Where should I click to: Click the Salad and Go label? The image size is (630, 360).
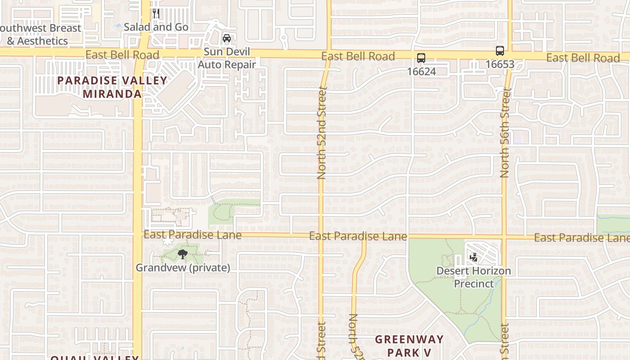[x=156, y=27]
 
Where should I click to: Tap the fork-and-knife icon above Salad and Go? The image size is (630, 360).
[x=156, y=13]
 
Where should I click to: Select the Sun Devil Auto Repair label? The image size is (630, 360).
[x=227, y=58]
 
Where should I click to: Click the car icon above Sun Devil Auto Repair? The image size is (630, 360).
[x=227, y=38]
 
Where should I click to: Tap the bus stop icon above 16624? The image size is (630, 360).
[x=421, y=58]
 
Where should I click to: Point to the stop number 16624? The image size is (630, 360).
[x=421, y=72]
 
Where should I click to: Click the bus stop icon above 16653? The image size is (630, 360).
[x=499, y=51]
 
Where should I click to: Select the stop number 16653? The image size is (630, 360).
[x=499, y=64]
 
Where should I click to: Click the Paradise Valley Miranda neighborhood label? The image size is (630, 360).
[x=112, y=87]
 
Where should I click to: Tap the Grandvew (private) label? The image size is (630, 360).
[x=183, y=268]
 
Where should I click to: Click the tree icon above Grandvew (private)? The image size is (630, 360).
[x=182, y=255]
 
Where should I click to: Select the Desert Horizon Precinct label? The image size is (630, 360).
[x=474, y=277]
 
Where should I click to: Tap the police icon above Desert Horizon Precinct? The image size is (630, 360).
[x=473, y=257]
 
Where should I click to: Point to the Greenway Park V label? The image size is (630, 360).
[x=409, y=346]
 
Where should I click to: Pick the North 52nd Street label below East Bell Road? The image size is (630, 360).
[x=321, y=134]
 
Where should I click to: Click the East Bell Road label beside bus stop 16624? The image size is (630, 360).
[x=358, y=56]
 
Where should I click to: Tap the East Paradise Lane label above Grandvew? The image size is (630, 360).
[x=193, y=235]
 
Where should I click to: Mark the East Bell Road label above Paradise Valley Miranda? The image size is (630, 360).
[x=122, y=55]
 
